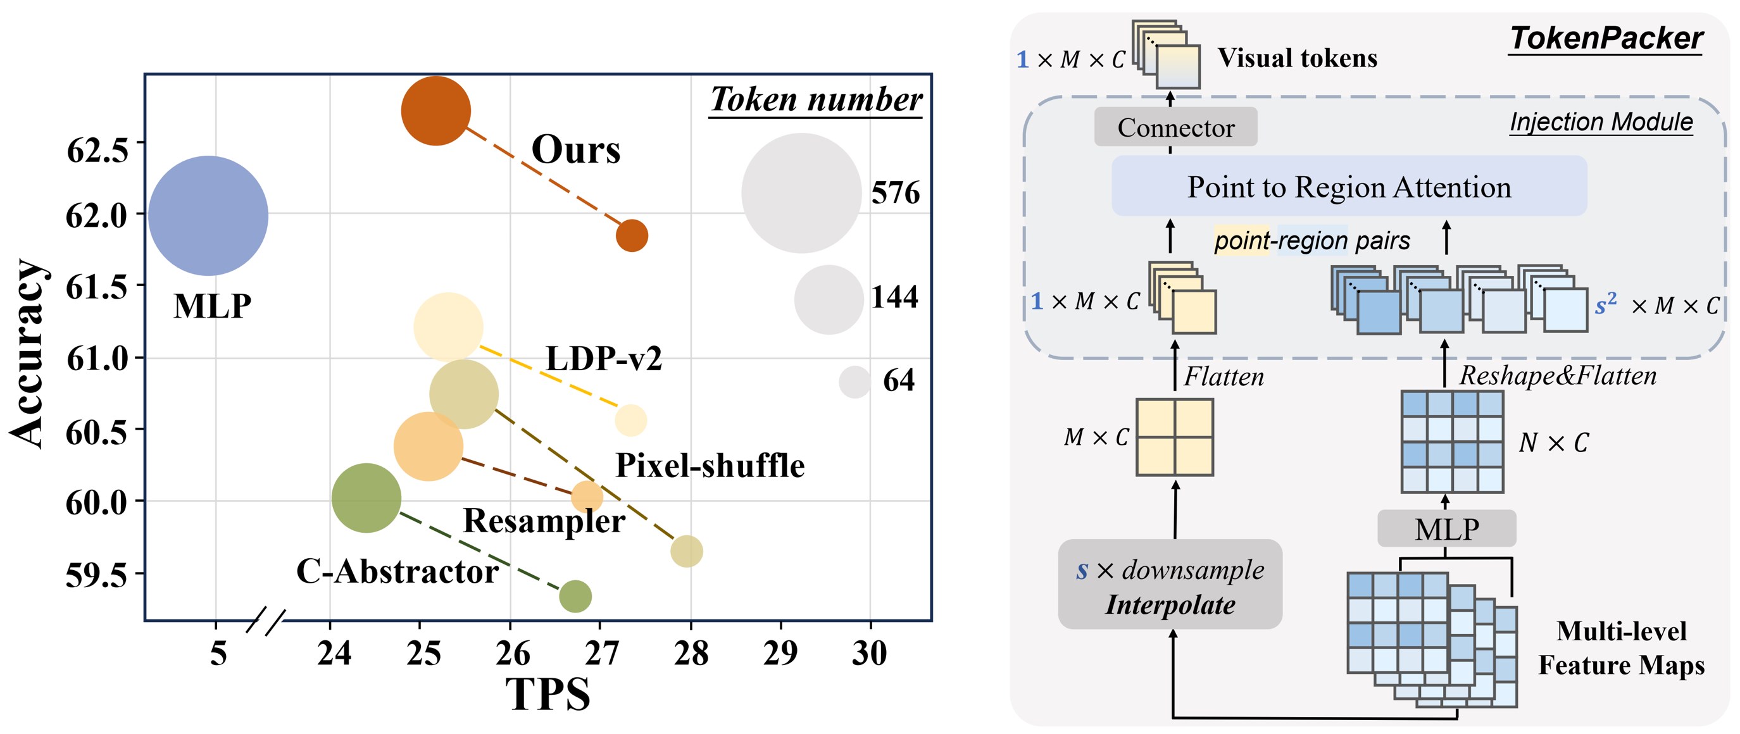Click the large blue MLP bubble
pos(208,215)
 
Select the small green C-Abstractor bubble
pos(575,595)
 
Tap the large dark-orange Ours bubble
pos(435,111)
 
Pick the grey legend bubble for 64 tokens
pos(854,382)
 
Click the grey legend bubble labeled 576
pos(801,193)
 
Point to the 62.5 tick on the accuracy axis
pos(98,150)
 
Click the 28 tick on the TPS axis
pos(691,653)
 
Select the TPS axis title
pos(548,694)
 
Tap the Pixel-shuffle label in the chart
pos(710,466)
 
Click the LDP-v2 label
pos(603,359)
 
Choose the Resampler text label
pos(544,521)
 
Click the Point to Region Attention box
pos(1349,187)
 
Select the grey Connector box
pos(1175,127)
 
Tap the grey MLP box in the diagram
pos(1447,528)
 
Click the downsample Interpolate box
pos(1170,585)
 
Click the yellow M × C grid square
pos(1175,437)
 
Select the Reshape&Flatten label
pos(1558,375)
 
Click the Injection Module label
pos(1601,122)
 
